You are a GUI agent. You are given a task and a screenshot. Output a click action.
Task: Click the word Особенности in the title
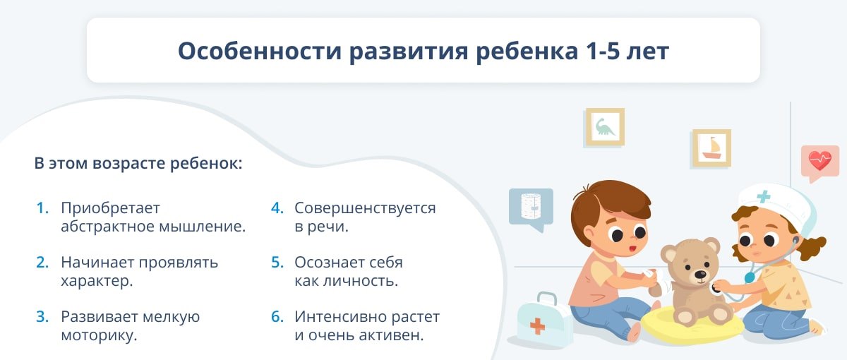click(260, 51)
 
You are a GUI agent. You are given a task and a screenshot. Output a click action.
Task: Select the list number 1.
click(42, 208)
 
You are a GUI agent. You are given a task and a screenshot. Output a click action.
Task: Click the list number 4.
click(277, 208)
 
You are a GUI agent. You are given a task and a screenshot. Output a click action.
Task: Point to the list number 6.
click(277, 317)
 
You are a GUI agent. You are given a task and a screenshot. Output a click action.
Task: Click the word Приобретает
click(110, 209)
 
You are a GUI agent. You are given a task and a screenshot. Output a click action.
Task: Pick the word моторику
click(99, 336)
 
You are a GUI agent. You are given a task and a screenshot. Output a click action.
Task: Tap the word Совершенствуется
click(366, 209)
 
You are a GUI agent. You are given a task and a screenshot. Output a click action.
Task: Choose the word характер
click(97, 282)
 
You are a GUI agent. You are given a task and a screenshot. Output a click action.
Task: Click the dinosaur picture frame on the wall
click(605, 127)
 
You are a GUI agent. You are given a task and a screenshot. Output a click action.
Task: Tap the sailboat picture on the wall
click(711, 148)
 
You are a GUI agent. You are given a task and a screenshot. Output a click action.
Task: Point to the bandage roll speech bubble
click(531, 209)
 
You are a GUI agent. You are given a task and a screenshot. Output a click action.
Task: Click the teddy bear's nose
click(700, 273)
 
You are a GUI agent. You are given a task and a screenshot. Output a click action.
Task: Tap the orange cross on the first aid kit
click(537, 326)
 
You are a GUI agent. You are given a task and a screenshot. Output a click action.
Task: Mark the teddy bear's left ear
click(669, 253)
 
